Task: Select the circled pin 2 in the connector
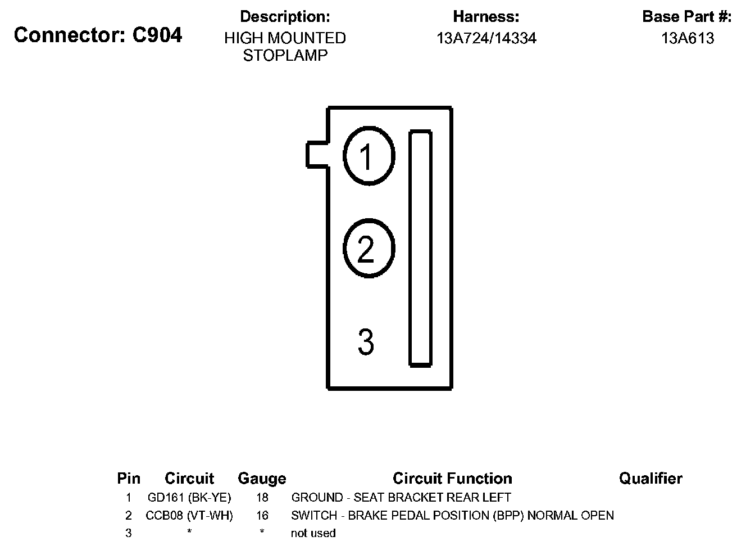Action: tap(369, 249)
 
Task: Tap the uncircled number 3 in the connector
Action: tap(366, 342)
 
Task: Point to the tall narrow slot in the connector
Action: tap(420, 249)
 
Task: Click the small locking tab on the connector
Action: tap(316, 155)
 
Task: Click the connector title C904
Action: tap(98, 35)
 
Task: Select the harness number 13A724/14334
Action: tap(486, 38)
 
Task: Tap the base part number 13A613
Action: tap(688, 38)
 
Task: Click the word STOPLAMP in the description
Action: tap(285, 56)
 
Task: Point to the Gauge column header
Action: tap(262, 479)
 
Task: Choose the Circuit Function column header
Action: tap(452, 479)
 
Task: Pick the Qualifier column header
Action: tap(651, 479)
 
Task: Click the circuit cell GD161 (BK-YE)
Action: tap(189, 498)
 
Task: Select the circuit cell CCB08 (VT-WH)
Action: tap(189, 516)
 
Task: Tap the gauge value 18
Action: tap(262, 498)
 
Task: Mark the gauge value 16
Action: tap(262, 516)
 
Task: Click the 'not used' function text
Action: tap(313, 533)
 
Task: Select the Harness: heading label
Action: tap(486, 17)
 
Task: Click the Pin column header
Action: tap(129, 479)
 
